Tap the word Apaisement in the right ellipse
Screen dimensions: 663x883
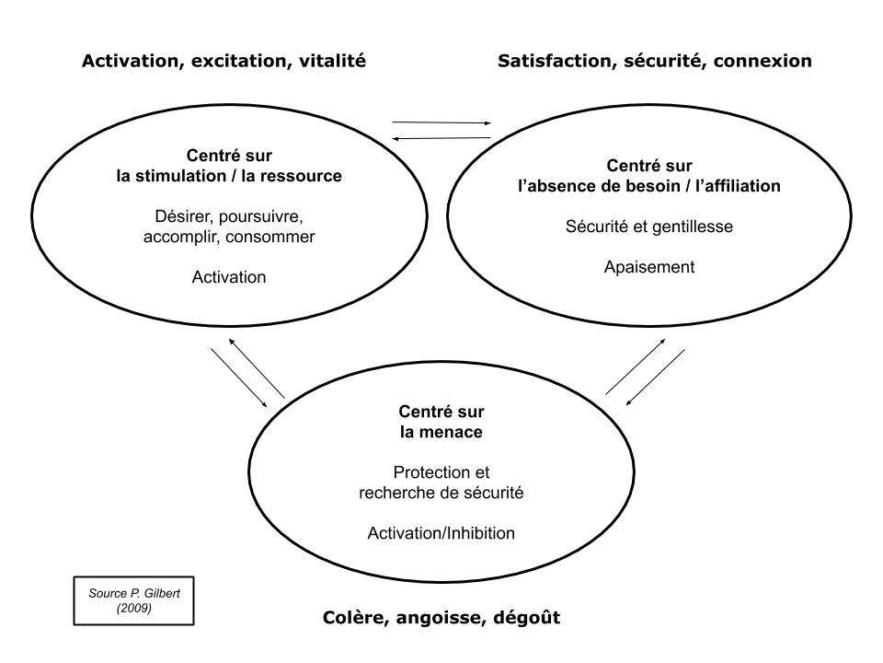649,267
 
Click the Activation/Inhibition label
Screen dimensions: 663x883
441,533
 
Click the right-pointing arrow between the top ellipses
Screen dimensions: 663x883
441,122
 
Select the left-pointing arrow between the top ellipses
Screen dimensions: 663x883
441,139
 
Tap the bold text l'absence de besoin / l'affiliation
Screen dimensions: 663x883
649,186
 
